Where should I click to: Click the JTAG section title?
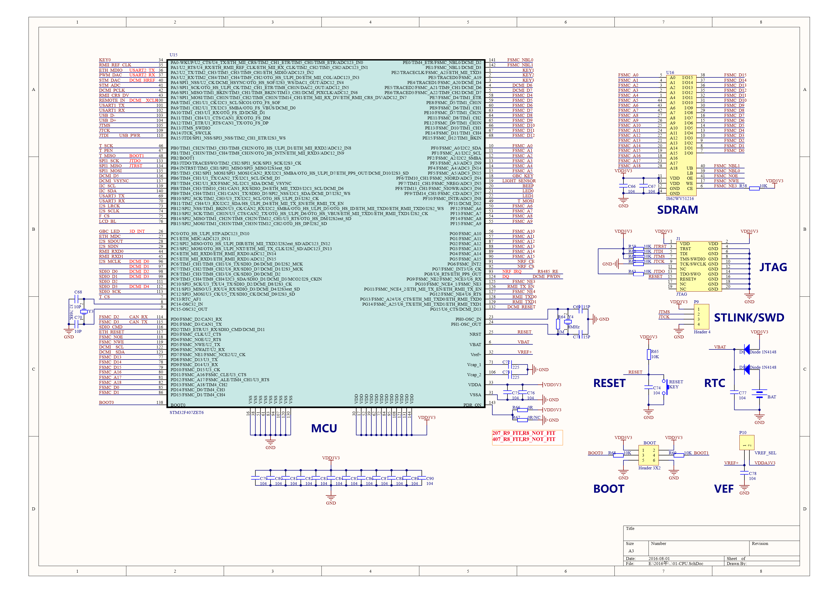(x=773, y=267)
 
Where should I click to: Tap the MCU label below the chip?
(x=324, y=428)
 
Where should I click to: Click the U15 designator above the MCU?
(x=173, y=55)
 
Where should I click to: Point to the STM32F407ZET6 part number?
(x=186, y=413)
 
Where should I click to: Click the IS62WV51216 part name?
(x=680, y=199)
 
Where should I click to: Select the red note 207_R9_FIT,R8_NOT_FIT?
(x=523, y=433)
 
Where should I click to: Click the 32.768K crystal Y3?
(x=84, y=312)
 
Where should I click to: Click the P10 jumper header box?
(x=746, y=442)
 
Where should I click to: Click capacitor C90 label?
(x=430, y=478)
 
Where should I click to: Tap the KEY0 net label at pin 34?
(x=105, y=60)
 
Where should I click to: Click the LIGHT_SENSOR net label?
(x=519, y=181)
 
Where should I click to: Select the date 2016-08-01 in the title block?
(x=659, y=558)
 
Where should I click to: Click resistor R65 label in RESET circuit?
(x=654, y=352)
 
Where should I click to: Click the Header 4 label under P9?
(x=702, y=332)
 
